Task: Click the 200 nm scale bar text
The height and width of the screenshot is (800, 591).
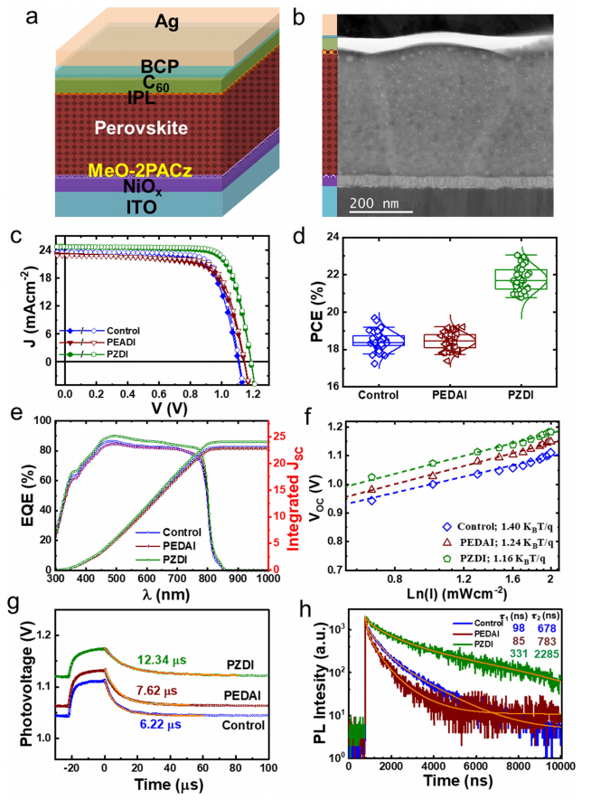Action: point(378,200)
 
